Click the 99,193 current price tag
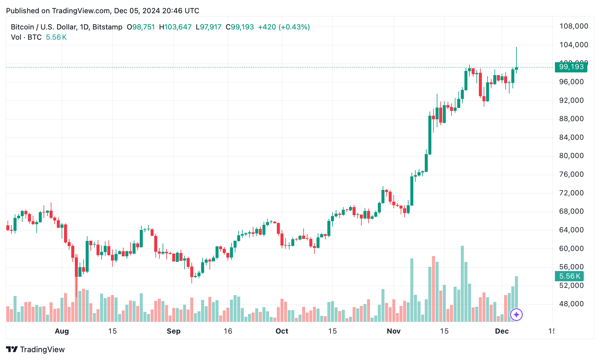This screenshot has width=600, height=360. [571, 67]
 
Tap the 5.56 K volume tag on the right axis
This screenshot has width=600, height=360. [569, 276]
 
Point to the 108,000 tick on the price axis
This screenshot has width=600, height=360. [574, 26]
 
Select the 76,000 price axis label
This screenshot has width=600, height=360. [571, 174]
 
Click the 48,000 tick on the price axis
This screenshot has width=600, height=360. [571, 304]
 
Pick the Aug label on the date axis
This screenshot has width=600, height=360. [62, 331]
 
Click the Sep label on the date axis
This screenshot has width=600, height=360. [173, 331]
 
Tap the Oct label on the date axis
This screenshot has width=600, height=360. [282, 331]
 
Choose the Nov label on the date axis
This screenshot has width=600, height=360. [393, 331]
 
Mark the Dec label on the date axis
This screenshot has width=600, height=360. [502, 331]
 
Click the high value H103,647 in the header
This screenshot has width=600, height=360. [175, 27]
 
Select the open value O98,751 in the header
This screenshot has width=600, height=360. [141, 27]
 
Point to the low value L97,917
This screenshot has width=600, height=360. [208, 27]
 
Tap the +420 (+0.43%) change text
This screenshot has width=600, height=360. [284, 27]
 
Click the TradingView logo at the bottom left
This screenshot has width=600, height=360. [35, 349]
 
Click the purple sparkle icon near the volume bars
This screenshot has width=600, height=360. [516, 315]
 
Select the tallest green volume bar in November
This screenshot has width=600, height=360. [462, 284]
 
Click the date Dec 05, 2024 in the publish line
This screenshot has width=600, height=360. [137, 11]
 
